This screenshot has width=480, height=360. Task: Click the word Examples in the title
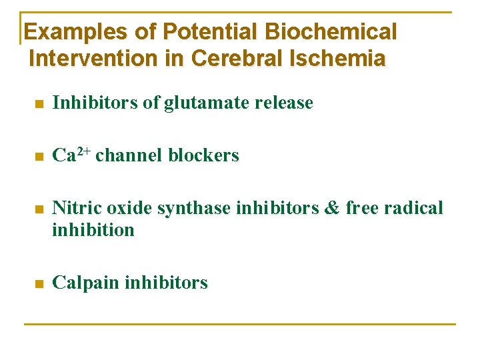click(x=65, y=31)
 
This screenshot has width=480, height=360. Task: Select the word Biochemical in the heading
click(x=331, y=31)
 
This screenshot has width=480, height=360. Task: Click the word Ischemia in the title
click(x=338, y=59)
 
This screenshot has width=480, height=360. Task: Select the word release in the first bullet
click(x=283, y=103)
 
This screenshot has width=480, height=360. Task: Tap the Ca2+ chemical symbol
click(x=71, y=155)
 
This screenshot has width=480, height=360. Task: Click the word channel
click(x=129, y=155)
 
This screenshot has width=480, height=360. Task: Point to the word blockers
click(x=203, y=155)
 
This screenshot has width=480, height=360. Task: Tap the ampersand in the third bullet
click(x=331, y=209)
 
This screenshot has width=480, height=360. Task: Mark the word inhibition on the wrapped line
click(x=93, y=230)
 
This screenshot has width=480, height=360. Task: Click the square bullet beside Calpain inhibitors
click(x=39, y=284)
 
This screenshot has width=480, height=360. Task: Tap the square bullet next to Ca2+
click(x=39, y=157)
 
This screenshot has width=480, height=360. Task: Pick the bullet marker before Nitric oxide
click(x=39, y=210)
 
